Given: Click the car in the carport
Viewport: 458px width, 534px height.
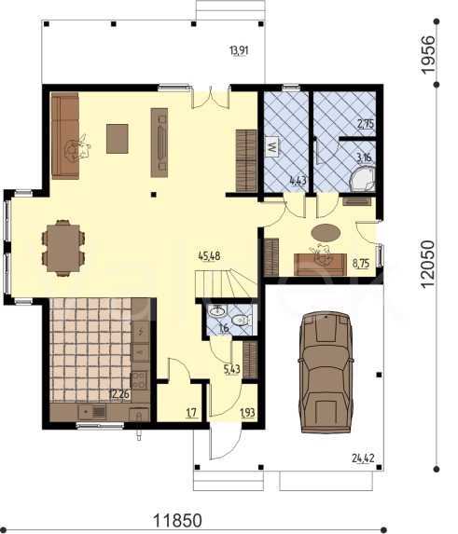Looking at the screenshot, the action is [326, 372].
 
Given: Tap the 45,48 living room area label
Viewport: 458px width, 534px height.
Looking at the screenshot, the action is [209, 255].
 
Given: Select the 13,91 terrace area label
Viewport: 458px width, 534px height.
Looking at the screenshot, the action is [239, 51].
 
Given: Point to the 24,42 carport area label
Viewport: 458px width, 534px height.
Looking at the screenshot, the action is [363, 459].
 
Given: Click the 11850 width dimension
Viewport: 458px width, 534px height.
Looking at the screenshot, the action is [178, 521].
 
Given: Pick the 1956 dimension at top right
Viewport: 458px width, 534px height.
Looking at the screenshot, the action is [428, 54].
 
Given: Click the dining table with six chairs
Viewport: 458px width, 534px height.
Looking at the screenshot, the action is [63, 248].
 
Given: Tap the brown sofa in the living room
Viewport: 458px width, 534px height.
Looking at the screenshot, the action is [65, 136].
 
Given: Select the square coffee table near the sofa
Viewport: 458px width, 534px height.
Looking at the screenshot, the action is [118, 139].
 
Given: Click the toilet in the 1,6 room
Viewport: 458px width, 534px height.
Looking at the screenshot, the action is [242, 320].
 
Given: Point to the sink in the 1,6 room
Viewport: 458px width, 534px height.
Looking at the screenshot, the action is [217, 311].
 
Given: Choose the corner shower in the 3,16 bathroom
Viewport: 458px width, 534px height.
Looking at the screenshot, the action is [363, 178].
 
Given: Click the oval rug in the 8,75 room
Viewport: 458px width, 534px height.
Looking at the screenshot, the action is [326, 233].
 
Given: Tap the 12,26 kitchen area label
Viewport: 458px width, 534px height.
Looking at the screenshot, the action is [119, 394].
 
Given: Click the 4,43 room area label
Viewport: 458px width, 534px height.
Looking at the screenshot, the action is [298, 181].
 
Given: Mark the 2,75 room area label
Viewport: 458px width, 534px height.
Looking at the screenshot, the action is [366, 124].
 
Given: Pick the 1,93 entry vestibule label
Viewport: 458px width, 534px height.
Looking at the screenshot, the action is [248, 413].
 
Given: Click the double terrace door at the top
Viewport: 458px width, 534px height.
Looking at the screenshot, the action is [210, 99].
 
